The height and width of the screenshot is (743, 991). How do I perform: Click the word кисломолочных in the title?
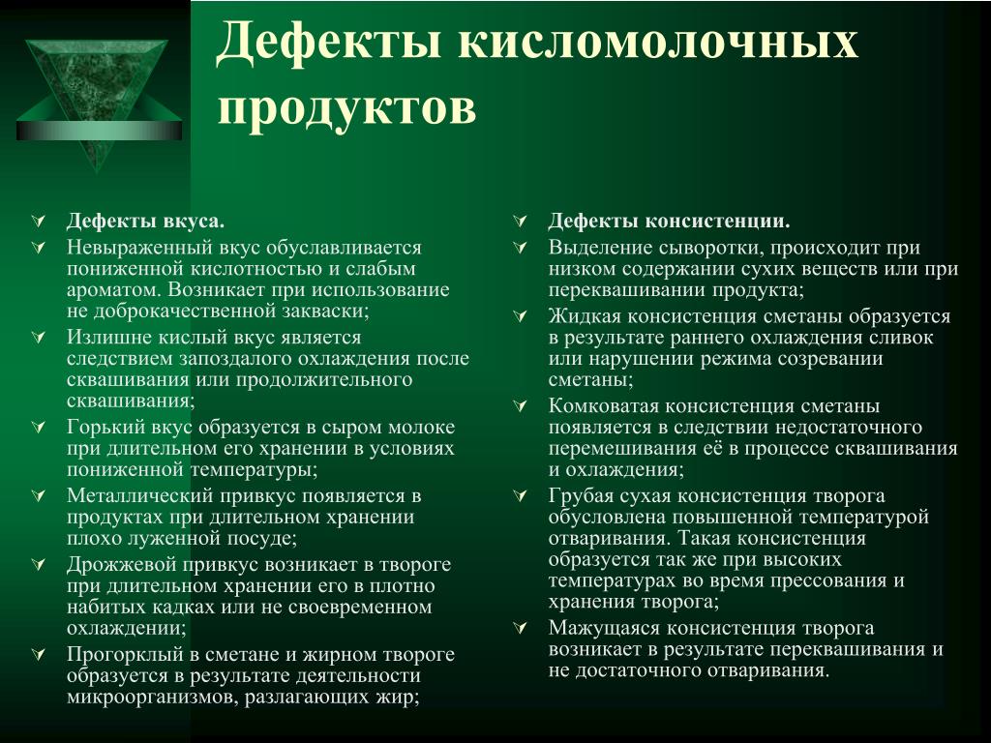(x=658, y=44)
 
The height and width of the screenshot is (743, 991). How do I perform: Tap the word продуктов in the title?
(x=346, y=108)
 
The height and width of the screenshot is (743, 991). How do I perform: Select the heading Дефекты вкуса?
(x=146, y=222)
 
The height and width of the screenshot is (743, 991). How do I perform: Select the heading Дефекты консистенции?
(x=670, y=222)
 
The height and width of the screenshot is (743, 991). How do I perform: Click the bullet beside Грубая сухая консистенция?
(x=520, y=496)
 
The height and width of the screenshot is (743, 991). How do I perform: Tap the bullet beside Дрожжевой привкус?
(x=38, y=564)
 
